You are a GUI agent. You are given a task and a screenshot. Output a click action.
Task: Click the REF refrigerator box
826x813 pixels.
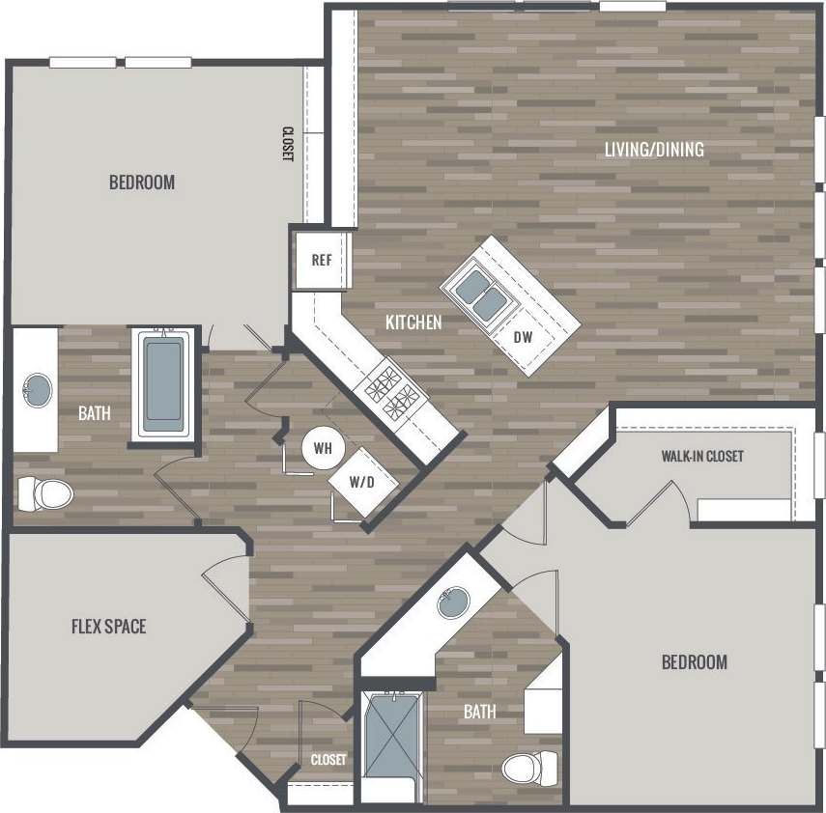point(322,260)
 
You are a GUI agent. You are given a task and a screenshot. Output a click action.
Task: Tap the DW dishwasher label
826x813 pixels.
point(523,337)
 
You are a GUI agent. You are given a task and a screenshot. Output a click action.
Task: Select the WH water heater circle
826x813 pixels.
point(323,448)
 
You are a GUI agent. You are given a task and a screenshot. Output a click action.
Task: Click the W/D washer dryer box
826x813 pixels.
point(361,481)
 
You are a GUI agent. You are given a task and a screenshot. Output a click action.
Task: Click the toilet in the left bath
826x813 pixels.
point(44,494)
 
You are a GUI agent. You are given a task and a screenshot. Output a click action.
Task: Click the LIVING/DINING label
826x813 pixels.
point(654,150)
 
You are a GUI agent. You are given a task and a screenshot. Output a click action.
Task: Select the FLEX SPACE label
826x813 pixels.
point(109,627)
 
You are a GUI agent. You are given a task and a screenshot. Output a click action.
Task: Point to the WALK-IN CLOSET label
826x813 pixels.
point(702,456)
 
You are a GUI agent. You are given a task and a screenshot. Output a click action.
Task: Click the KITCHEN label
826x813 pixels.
point(413,322)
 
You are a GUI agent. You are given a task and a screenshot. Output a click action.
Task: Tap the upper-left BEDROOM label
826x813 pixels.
point(142,182)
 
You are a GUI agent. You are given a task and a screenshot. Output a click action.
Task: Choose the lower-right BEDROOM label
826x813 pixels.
point(694,662)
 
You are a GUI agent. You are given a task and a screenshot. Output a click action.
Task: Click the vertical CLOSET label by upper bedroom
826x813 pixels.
point(287,145)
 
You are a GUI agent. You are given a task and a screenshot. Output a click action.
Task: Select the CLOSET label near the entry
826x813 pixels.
point(328,760)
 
